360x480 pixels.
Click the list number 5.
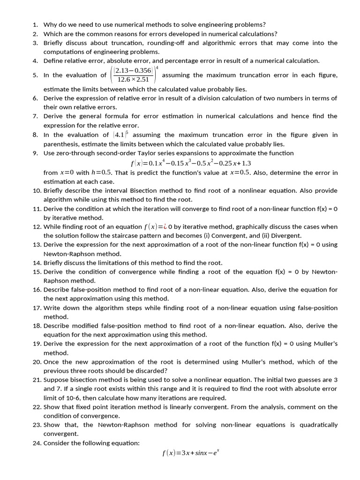(x=35, y=75)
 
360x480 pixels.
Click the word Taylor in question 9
(x=162, y=153)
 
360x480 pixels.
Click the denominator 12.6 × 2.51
(x=133, y=79)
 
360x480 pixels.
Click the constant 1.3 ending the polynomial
(x=246, y=163)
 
